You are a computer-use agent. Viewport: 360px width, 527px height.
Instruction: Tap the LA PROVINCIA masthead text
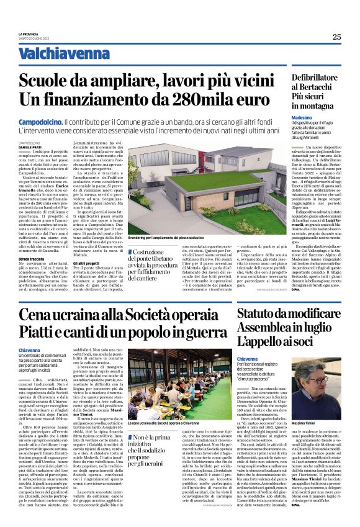click(29, 34)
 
